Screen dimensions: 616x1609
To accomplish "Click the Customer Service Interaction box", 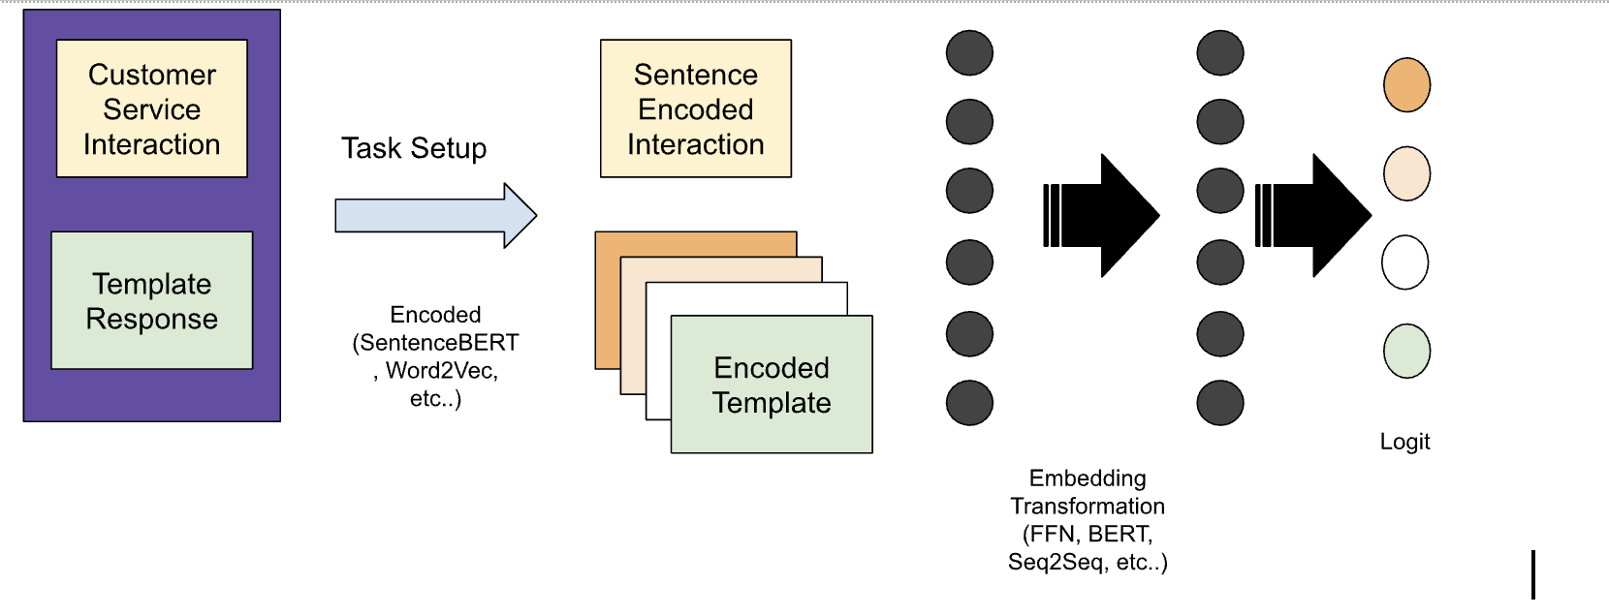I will [x=151, y=108].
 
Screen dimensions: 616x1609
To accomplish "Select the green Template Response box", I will [x=151, y=300].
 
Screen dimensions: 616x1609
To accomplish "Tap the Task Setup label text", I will [x=414, y=148].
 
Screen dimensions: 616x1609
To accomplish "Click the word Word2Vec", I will [x=441, y=370].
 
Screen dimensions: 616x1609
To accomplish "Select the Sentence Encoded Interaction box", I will [x=695, y=108].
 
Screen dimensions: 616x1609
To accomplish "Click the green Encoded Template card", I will [x=772, y=385].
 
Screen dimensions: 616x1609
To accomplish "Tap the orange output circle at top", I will [x=1406, y=84].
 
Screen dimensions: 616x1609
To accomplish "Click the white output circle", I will [x=1405, y=262].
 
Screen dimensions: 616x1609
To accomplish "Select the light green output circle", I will [x=1406, y=351].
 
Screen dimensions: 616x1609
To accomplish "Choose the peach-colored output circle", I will [x=1406, y=173].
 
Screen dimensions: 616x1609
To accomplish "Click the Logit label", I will [x=1404, y=442].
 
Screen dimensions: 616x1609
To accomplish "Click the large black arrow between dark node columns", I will [x=1105, y=215].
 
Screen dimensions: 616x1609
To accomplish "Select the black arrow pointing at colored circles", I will [x=1316, y=215].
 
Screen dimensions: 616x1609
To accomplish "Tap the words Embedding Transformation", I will [x=1088, y=492].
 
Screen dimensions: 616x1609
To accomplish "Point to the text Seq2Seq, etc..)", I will [x=1088, y=562].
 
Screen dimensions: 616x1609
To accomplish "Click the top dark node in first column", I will [x=969, y=52].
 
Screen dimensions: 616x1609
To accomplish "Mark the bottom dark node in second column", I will [x=1219, y=403].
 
